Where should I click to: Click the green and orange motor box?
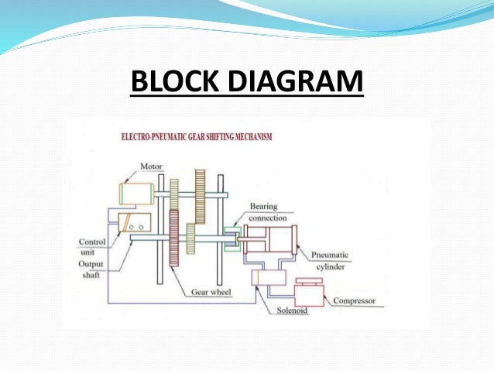click(x=138, y=193)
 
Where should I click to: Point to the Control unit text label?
click(x=92, y=246)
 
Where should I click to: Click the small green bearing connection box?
click(x=232, y=238)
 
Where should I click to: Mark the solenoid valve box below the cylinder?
click(x=268, y=277)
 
